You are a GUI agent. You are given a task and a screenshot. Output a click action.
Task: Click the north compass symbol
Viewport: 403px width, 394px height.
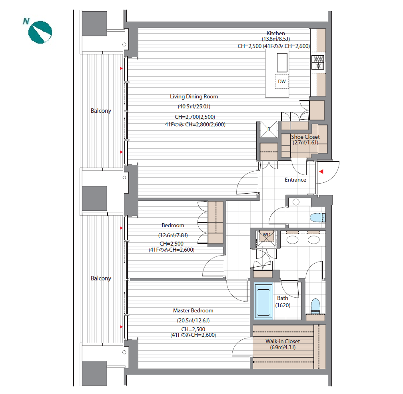40,32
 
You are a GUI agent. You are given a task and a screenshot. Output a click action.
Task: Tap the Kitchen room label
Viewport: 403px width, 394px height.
275,33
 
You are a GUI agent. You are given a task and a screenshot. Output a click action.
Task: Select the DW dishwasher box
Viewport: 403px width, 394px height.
282,82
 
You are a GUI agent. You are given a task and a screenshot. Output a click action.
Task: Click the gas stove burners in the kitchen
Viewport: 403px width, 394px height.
318,62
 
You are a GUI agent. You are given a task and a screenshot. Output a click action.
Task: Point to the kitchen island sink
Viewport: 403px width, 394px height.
282,62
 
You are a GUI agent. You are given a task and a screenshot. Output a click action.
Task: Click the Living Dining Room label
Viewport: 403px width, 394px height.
194,96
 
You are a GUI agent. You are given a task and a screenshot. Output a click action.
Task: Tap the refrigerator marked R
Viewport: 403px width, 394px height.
269,129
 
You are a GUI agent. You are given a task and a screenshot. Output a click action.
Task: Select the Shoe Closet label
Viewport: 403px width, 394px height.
305,137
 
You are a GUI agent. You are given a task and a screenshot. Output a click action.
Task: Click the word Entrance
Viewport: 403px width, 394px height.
295,180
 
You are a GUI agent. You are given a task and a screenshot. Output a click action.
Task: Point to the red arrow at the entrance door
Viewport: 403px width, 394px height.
321,172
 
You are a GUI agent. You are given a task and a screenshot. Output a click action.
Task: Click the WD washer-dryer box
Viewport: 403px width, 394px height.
267,238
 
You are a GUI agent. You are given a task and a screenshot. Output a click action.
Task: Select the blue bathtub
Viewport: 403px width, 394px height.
263,301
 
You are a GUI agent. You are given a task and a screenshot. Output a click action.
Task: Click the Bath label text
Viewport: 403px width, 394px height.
282,298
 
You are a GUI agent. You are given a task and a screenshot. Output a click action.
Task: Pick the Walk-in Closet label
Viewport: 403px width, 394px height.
282,341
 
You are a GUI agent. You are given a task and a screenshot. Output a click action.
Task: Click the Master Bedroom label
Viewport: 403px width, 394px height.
193,310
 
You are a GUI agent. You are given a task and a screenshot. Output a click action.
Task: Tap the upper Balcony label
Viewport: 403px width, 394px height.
101,110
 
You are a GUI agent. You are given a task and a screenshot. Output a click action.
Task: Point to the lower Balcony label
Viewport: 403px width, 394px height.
101,278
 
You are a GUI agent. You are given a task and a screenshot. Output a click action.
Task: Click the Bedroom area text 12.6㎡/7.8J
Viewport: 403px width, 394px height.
173,235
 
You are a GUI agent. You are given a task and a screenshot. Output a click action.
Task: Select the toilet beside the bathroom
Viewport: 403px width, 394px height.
315,306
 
